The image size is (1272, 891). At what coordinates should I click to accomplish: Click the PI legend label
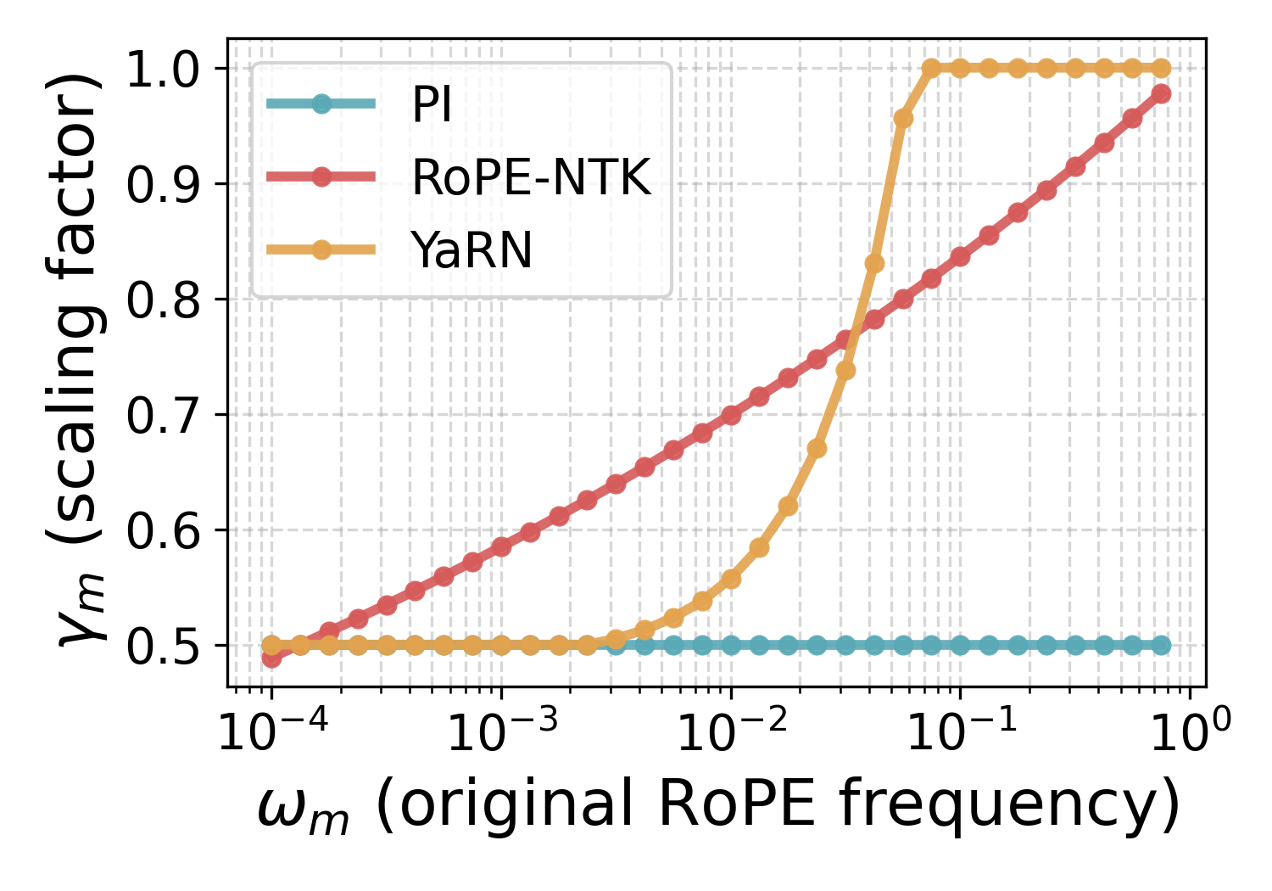[432, 105]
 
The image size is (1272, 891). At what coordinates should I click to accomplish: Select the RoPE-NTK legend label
[531, 177]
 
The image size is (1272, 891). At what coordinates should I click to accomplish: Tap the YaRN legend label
[471, 250]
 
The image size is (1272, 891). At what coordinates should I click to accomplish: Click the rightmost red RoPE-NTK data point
[1161, 93]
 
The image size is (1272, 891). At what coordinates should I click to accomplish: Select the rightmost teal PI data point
[1161, 646]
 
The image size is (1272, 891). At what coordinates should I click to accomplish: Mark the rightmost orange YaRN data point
[1161, 69]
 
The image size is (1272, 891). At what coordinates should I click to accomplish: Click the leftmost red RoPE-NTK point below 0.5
[271, 658]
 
